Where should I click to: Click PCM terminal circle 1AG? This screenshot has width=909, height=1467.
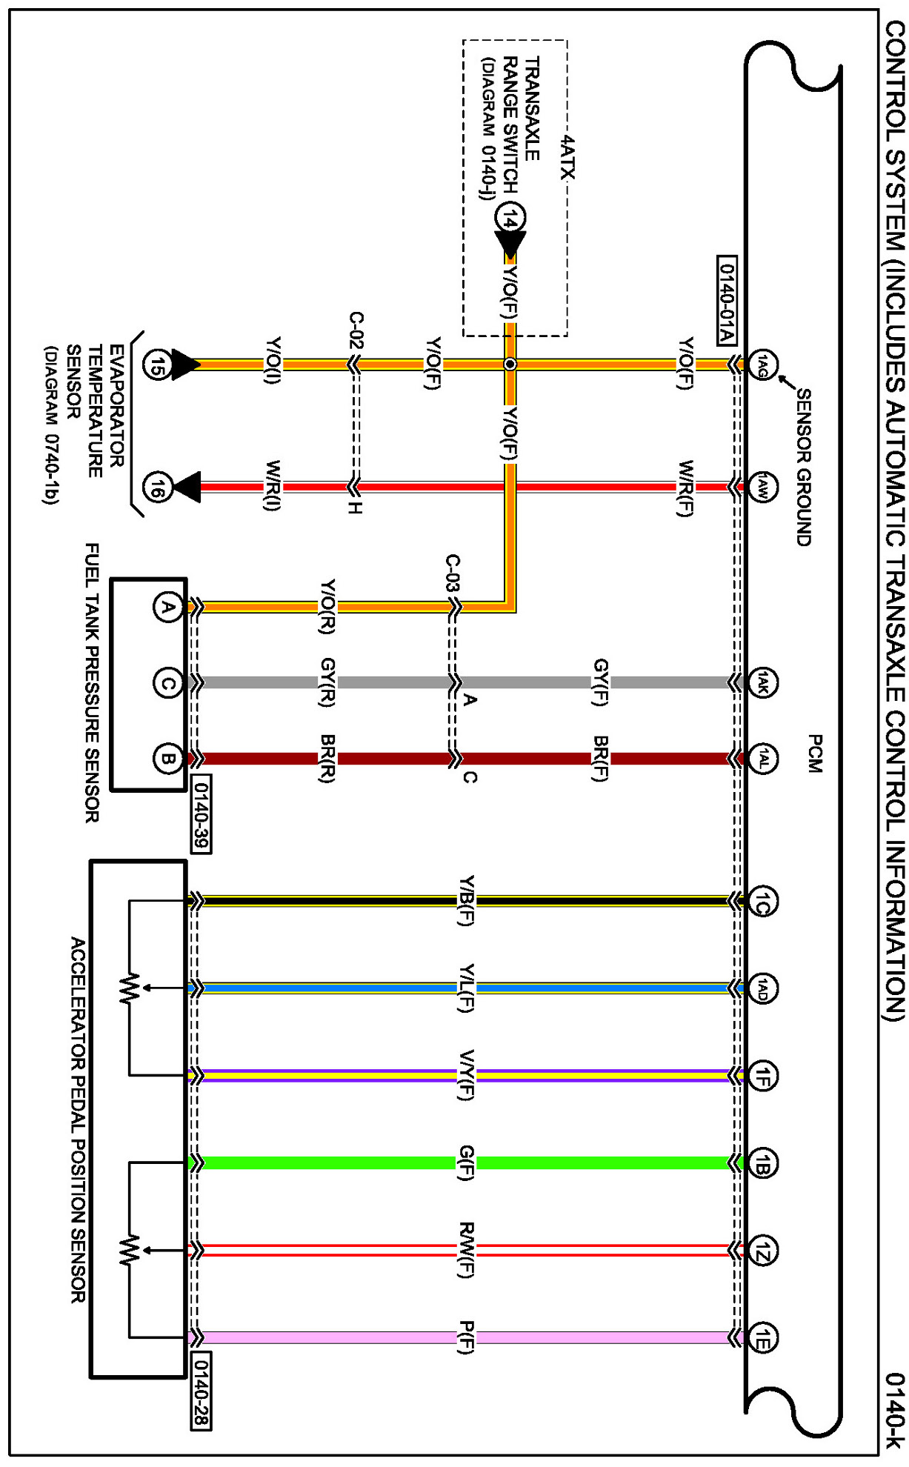point(762,365)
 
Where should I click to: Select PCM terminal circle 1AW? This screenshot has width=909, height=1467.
point(762,487)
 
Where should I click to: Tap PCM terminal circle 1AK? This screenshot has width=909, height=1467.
point(762,682)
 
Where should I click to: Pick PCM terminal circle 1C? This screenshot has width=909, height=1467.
point(762,901)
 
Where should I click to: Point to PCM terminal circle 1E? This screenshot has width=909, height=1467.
point(762,1338)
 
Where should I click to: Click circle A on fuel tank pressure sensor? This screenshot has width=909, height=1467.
point(168,608)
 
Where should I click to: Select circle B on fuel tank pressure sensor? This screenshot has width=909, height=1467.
point(168,759)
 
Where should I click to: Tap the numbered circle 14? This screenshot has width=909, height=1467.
point(510,218)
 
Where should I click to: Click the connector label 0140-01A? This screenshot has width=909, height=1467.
point(727,300)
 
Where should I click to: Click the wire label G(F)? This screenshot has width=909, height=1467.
point(466,1162)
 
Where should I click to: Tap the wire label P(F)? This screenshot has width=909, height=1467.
point(466,1337)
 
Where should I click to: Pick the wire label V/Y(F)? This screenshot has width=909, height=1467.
point(466,1075)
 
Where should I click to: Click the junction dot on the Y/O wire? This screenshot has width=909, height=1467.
point(510,365)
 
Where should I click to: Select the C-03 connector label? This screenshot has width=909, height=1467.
point(453,573)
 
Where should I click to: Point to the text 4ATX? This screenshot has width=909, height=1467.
point(567,157)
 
